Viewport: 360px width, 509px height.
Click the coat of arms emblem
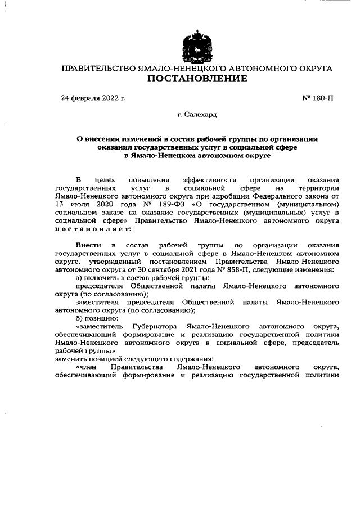[196, 47]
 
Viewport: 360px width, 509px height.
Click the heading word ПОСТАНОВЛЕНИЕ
[196, 79]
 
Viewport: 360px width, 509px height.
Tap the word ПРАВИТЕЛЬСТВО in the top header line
[97, 69]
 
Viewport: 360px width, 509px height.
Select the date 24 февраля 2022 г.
[92, 98]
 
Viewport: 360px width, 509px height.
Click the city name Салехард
[200, 115]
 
